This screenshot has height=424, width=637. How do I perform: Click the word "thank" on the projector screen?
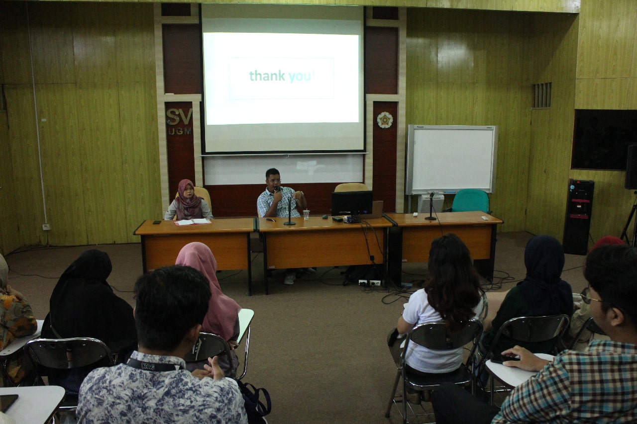(267, 76)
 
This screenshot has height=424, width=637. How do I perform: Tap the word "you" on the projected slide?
(300, 77)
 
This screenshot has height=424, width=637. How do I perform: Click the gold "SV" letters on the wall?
(179, 116)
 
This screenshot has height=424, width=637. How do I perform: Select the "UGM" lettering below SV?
(180, 131)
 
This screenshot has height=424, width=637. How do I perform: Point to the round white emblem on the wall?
(385, 120)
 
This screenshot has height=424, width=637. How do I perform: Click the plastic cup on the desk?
(306, 214)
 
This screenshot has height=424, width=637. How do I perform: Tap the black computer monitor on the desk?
(352, 204)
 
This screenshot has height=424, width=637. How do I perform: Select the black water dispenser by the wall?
(578, 216)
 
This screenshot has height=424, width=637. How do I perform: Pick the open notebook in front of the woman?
(193, 222)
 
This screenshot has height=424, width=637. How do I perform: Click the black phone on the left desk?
(157, 222)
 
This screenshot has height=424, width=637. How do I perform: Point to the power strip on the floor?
(369, 282)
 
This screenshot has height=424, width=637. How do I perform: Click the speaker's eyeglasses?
(274, 180)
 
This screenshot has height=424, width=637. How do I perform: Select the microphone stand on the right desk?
(431, 206)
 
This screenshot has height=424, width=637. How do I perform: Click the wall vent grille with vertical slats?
(542, 95)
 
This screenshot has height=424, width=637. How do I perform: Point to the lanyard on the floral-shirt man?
(154, 365)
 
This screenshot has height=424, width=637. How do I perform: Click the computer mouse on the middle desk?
(324, 217)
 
